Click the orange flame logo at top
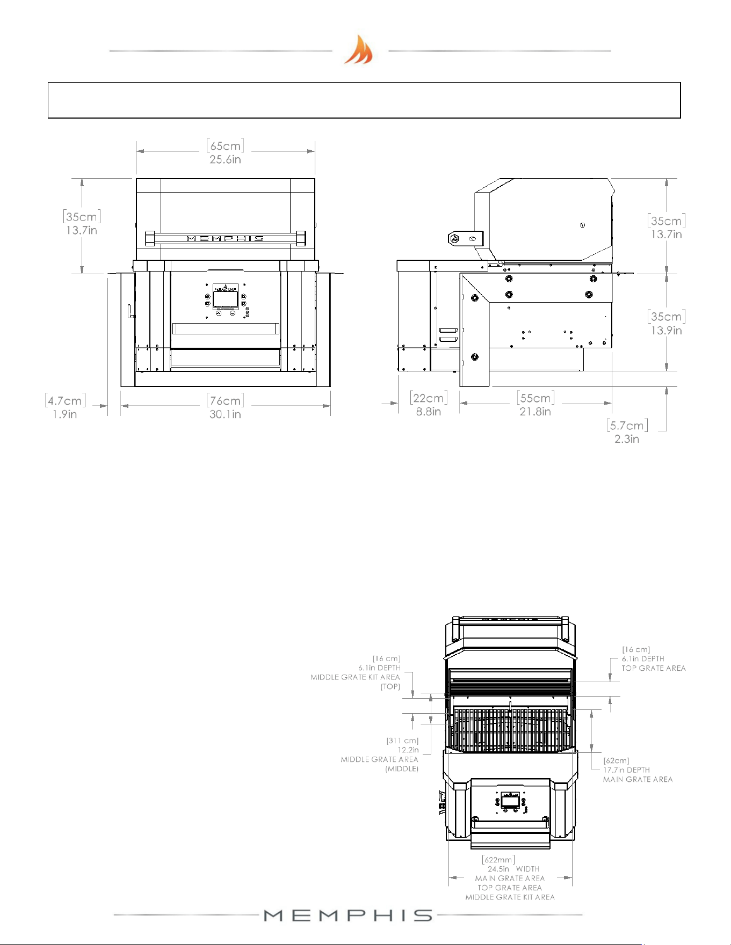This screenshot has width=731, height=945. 358,49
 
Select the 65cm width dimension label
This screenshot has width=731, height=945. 225,145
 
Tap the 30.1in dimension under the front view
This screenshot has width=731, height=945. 225,414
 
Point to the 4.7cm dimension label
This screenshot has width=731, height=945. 65,400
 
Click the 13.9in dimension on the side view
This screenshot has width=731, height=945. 667,331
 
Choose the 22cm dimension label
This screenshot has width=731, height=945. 428,398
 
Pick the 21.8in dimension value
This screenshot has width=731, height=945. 535,412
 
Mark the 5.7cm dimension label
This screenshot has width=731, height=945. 627,425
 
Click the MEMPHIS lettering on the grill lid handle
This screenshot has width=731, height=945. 225,238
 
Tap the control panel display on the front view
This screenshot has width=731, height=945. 226,300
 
